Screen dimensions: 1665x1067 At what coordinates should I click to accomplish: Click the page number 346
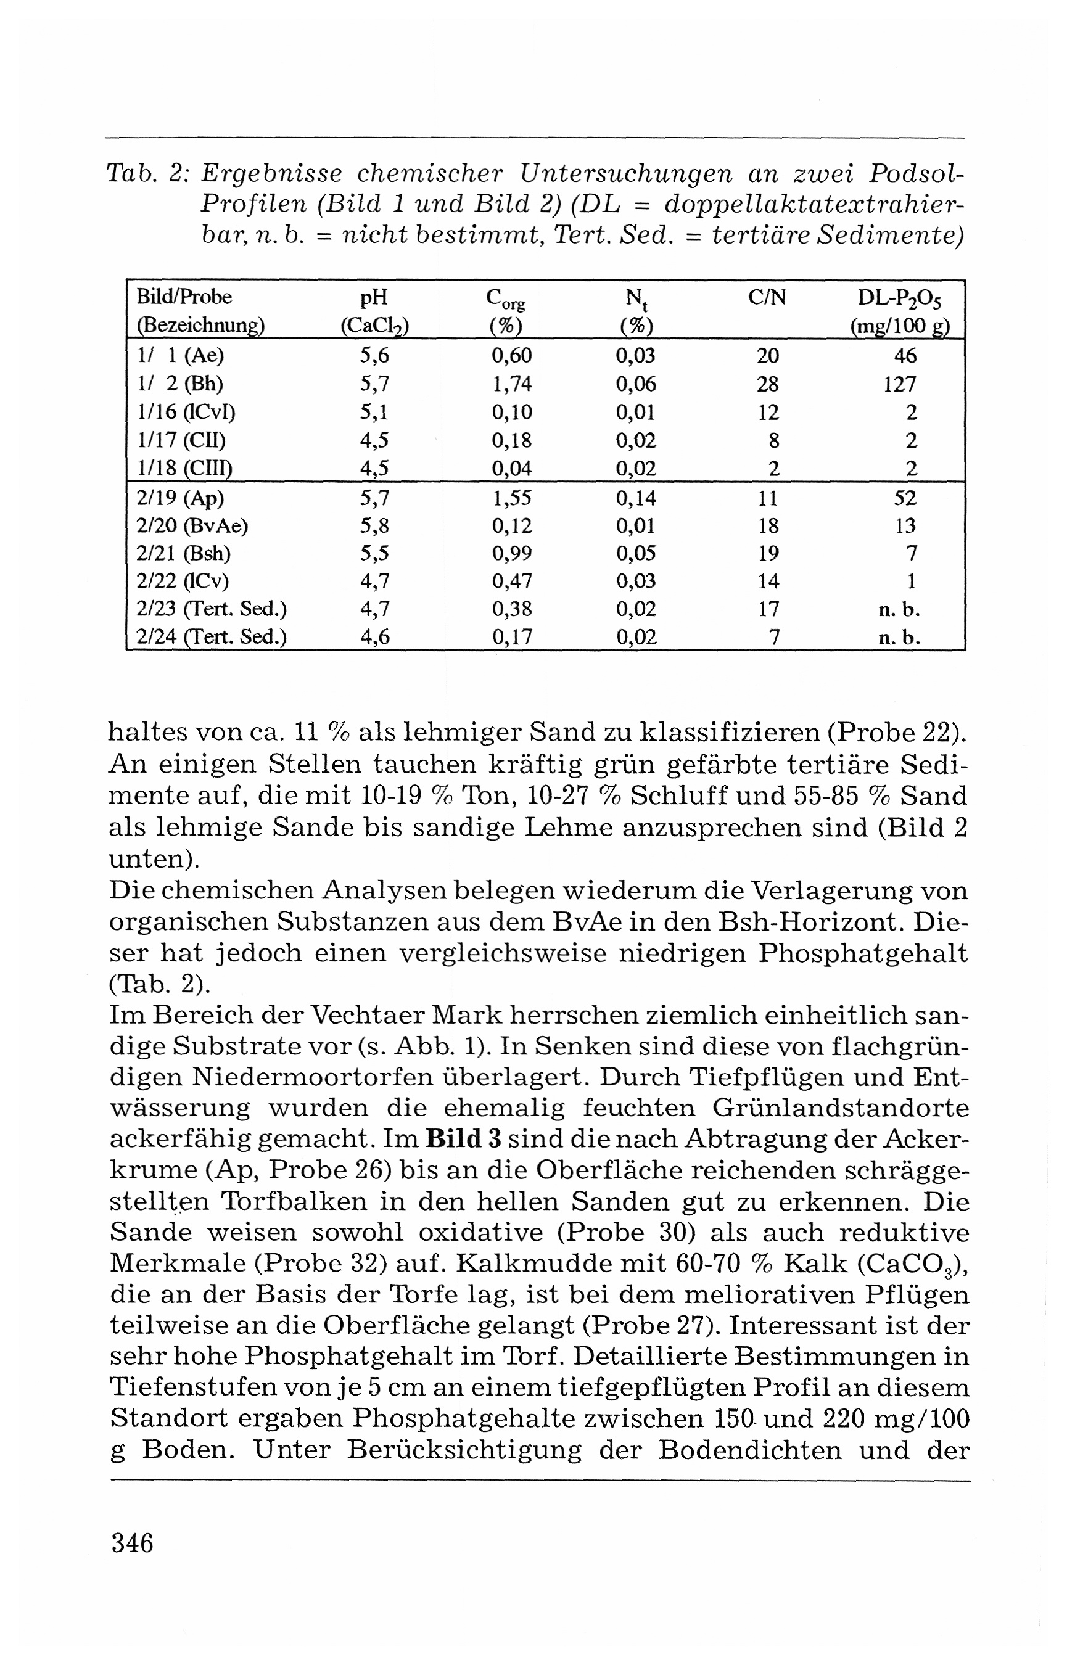131,1543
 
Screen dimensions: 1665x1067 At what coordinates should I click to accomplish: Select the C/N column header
767,298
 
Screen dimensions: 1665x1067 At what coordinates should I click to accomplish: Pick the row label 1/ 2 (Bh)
180,384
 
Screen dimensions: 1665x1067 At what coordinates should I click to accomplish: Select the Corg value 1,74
511,384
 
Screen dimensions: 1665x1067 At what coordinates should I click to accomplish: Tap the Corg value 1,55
511,498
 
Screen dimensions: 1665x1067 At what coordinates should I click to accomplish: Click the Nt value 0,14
636,498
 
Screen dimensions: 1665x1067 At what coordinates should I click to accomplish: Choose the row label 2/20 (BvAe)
192,525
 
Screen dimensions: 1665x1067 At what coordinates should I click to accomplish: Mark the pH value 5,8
374,525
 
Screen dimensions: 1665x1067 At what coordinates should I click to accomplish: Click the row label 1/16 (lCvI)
186,412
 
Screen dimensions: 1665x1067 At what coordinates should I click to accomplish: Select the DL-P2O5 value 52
905,498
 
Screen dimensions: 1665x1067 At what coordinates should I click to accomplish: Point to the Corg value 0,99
511,553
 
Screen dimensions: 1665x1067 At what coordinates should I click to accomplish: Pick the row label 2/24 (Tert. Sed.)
212,636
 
